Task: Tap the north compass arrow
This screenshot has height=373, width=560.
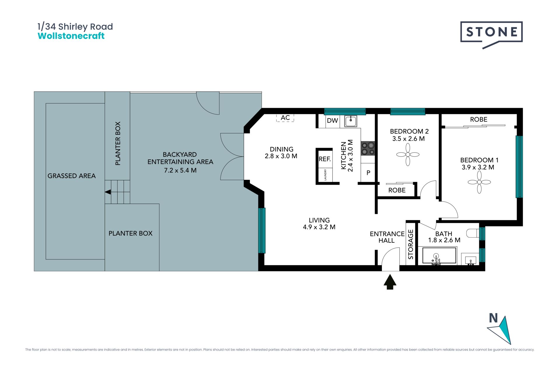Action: [502, 330]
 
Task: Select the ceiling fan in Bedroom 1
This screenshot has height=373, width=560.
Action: [479, 182]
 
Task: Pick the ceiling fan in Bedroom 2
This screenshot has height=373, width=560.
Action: [408, 154]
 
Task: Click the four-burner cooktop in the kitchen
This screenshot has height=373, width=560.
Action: [368, 148]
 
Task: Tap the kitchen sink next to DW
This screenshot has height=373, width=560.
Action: [351, 121]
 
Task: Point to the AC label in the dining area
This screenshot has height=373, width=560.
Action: [285, 117]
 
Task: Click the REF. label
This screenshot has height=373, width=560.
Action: [325, 159]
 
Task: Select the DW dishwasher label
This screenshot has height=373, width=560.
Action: [332, 120]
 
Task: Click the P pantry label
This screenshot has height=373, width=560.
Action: [368, 173]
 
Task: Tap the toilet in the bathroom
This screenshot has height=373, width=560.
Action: [473, 233]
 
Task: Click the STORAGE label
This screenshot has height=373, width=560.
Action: [411, 244]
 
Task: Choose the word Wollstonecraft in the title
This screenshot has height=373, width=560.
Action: [71, 36]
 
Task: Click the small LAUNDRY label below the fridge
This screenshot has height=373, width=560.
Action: [325, 175]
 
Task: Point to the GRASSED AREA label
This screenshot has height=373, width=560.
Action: [71, 176]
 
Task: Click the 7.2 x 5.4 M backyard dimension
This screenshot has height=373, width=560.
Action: [180, 170]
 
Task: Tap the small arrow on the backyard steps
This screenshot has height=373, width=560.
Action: [108, 192]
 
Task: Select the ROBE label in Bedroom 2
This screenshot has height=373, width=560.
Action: [397, 190]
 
